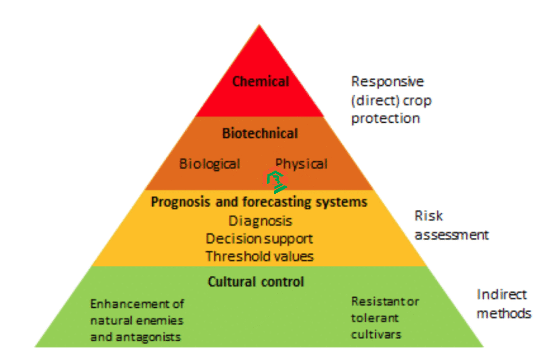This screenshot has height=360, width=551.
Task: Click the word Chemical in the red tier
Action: (260, 82)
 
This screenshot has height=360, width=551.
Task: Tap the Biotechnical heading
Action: (260, 133)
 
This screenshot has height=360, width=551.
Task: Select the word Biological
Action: (210, 164)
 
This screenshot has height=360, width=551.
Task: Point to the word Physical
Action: (301, 164)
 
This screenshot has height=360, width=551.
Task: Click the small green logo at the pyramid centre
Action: (276, 181)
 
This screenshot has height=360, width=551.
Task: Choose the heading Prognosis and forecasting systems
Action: (259, 202)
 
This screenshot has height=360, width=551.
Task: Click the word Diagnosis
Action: (260, 221)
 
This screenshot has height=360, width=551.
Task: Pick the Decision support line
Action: (259, 238)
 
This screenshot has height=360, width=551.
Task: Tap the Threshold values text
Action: (259, 256)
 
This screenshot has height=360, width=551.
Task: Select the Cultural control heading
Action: (256, 281)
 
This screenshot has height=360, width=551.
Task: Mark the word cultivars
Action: (376, 334)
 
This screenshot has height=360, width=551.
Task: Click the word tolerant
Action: (375, 317)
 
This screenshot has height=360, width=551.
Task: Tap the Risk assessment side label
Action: (451, 225)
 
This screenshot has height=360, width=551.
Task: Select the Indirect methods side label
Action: (504, 304)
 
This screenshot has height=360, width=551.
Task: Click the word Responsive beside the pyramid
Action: (387, 82)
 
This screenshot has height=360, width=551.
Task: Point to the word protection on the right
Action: (385, 118)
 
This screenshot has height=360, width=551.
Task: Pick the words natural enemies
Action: (137, 320)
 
